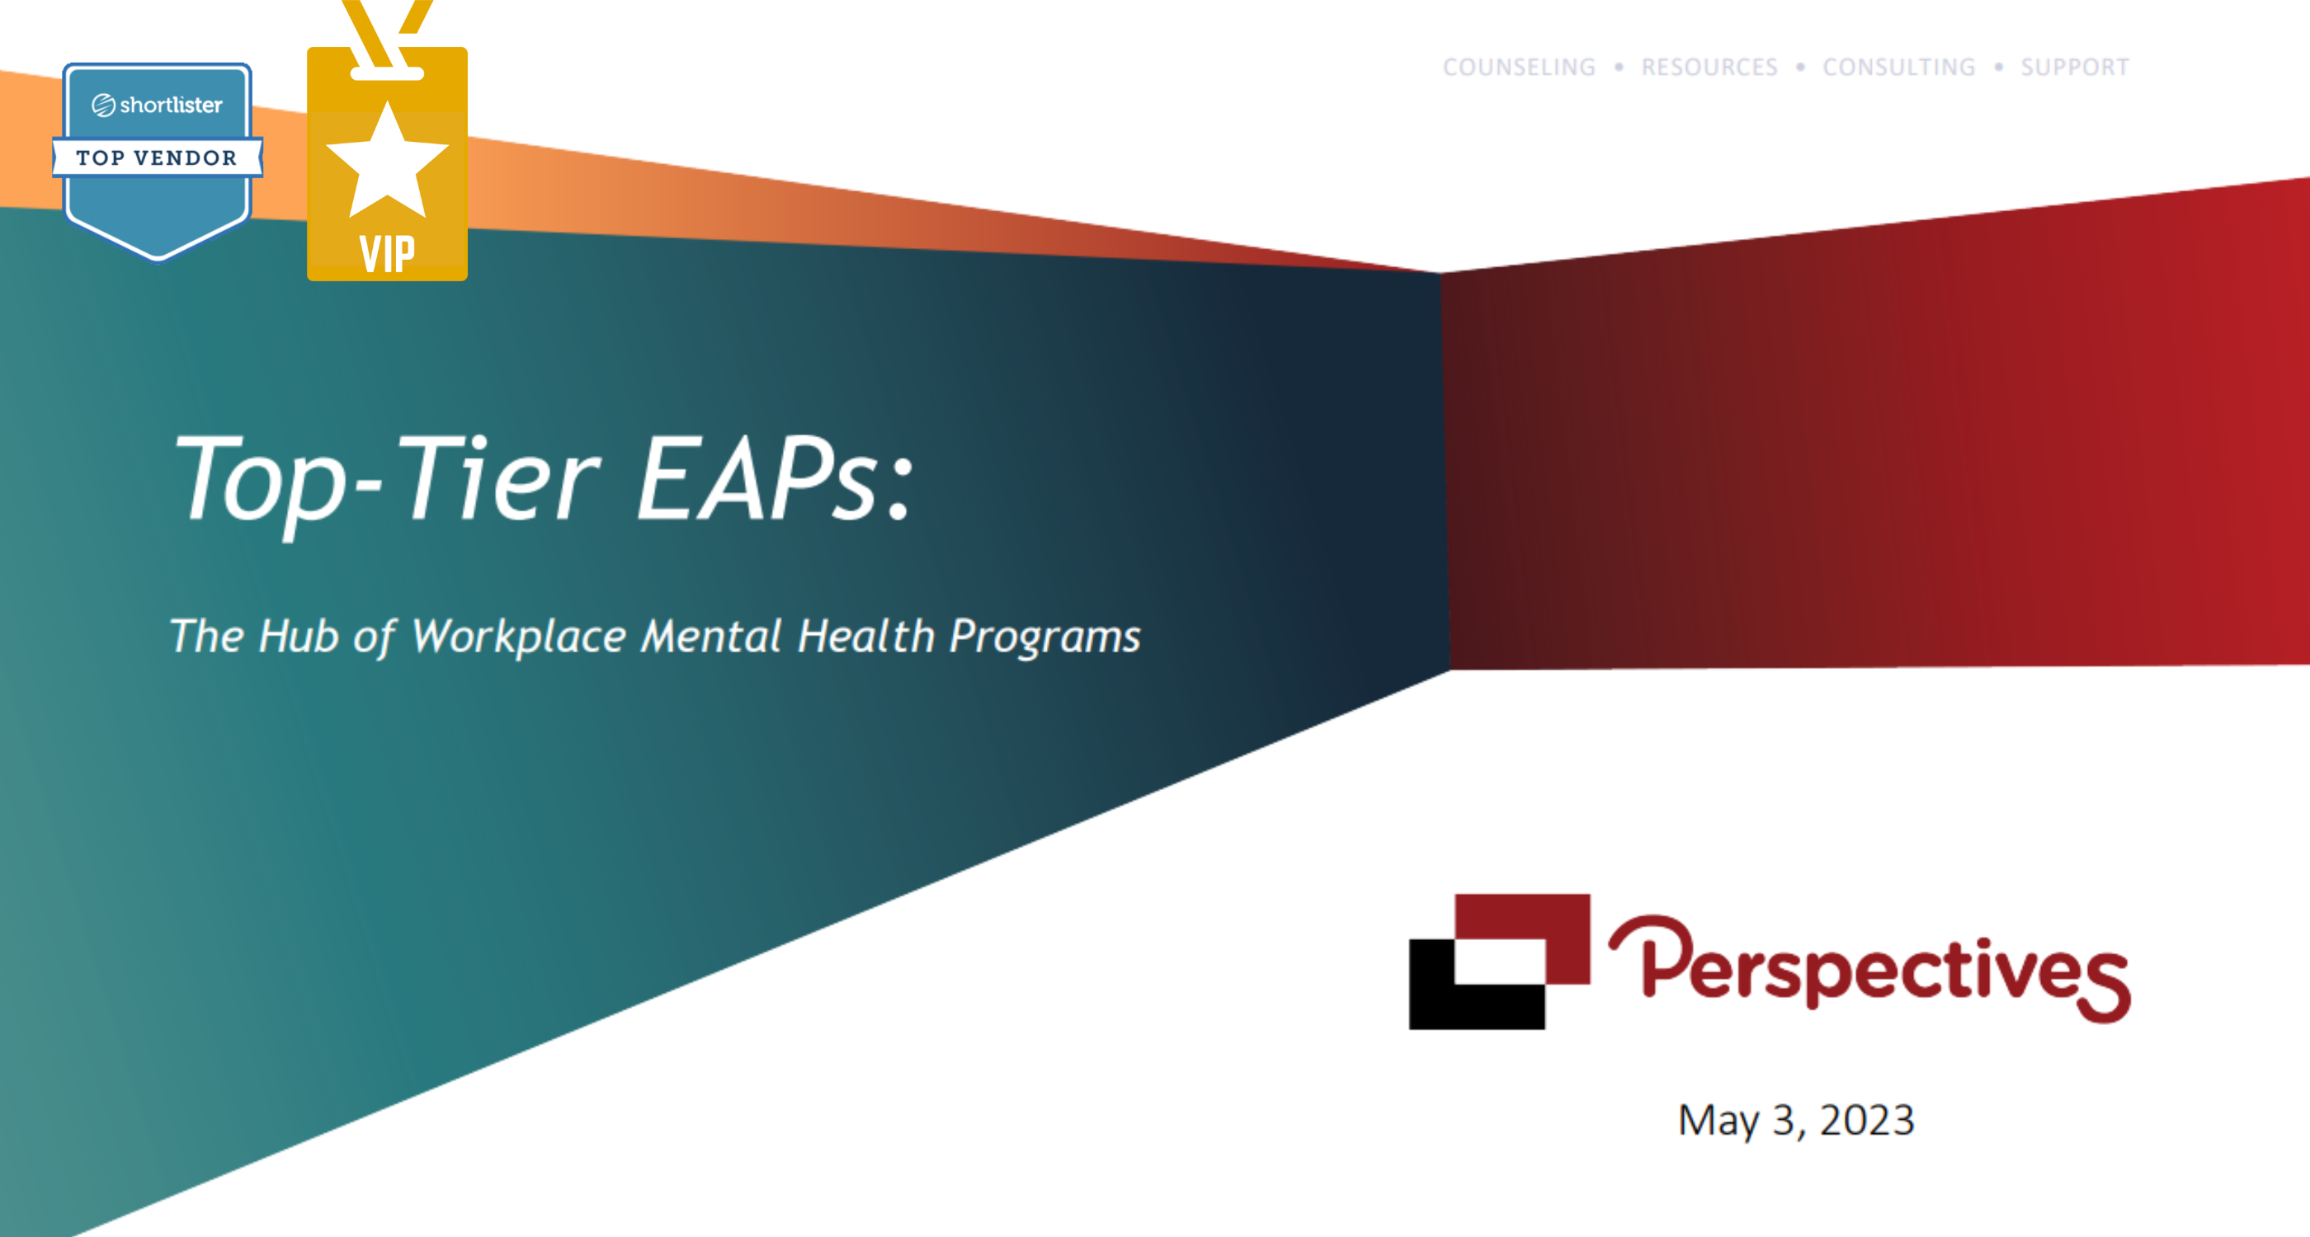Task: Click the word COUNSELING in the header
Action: [1519, 68]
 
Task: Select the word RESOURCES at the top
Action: [1709, 68]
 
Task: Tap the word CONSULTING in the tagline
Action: [1899, 68]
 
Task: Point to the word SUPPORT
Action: [2075, 68]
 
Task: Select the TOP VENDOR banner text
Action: [157, 158]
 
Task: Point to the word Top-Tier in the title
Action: [385, 484]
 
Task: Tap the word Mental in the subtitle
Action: [712, 636]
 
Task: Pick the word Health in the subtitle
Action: [866, 636]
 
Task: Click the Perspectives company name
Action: [1869, 968]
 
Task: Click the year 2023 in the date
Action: [1867, 1121]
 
